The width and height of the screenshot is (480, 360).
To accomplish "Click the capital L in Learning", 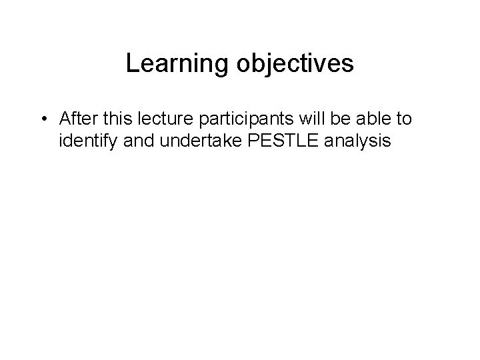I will coord(131,64).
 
